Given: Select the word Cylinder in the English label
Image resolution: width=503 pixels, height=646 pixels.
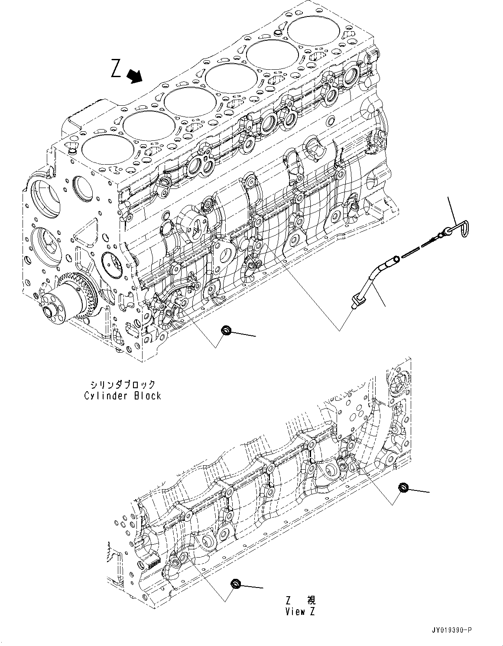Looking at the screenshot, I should pyautogui.click(x=103, y=396).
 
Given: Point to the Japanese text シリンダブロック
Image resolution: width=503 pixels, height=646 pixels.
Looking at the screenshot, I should pyautogui.click(x=123, y=384).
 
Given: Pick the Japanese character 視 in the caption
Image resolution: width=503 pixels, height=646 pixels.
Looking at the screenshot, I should pyautogui.click(x=311, y=600).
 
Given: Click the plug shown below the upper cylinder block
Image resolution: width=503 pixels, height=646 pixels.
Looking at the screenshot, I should pyautogui.click(x=226, y=332).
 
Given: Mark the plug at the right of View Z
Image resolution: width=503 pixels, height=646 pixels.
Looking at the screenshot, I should pyautogui.click(x=403, y=488).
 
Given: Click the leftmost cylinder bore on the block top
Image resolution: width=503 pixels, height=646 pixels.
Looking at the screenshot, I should pyautogui.click(x=102, y=149).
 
